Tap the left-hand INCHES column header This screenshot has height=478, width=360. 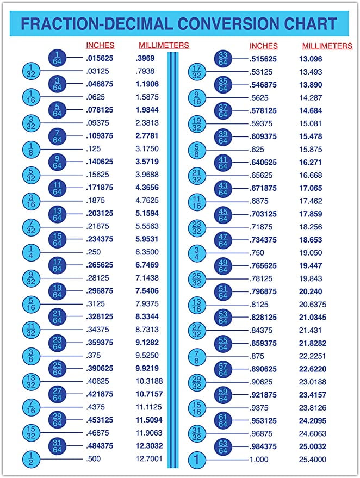pyautogui.click(x=100, y=46)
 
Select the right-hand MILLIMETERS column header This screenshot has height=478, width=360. pyautogui.click(x=327, y=46)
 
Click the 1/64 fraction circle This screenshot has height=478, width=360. pyautogui.click(x=58, y=58)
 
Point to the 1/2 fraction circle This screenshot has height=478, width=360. pyautogui.click(x=31, y=459)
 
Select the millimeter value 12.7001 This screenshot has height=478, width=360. pyautogui.click(x=148, y=459)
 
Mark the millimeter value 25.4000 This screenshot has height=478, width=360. pyautogui.click(x=313, y=460)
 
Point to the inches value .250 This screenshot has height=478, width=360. pyautogui.click(x=94, y=252)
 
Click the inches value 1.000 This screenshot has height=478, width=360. pyautogui.click(x=259, y=460)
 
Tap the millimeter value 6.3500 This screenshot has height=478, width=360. pyautogui.click(x=147, y=252)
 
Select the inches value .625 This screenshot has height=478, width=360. pyautogui.click(x=257, y=149)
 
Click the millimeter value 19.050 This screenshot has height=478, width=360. pyautogui.click(x=311, y=253)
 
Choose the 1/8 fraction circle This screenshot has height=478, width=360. pyautogui.click(x=31, y=149)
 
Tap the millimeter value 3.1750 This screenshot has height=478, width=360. pyautogui.click(x=147, y=149)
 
